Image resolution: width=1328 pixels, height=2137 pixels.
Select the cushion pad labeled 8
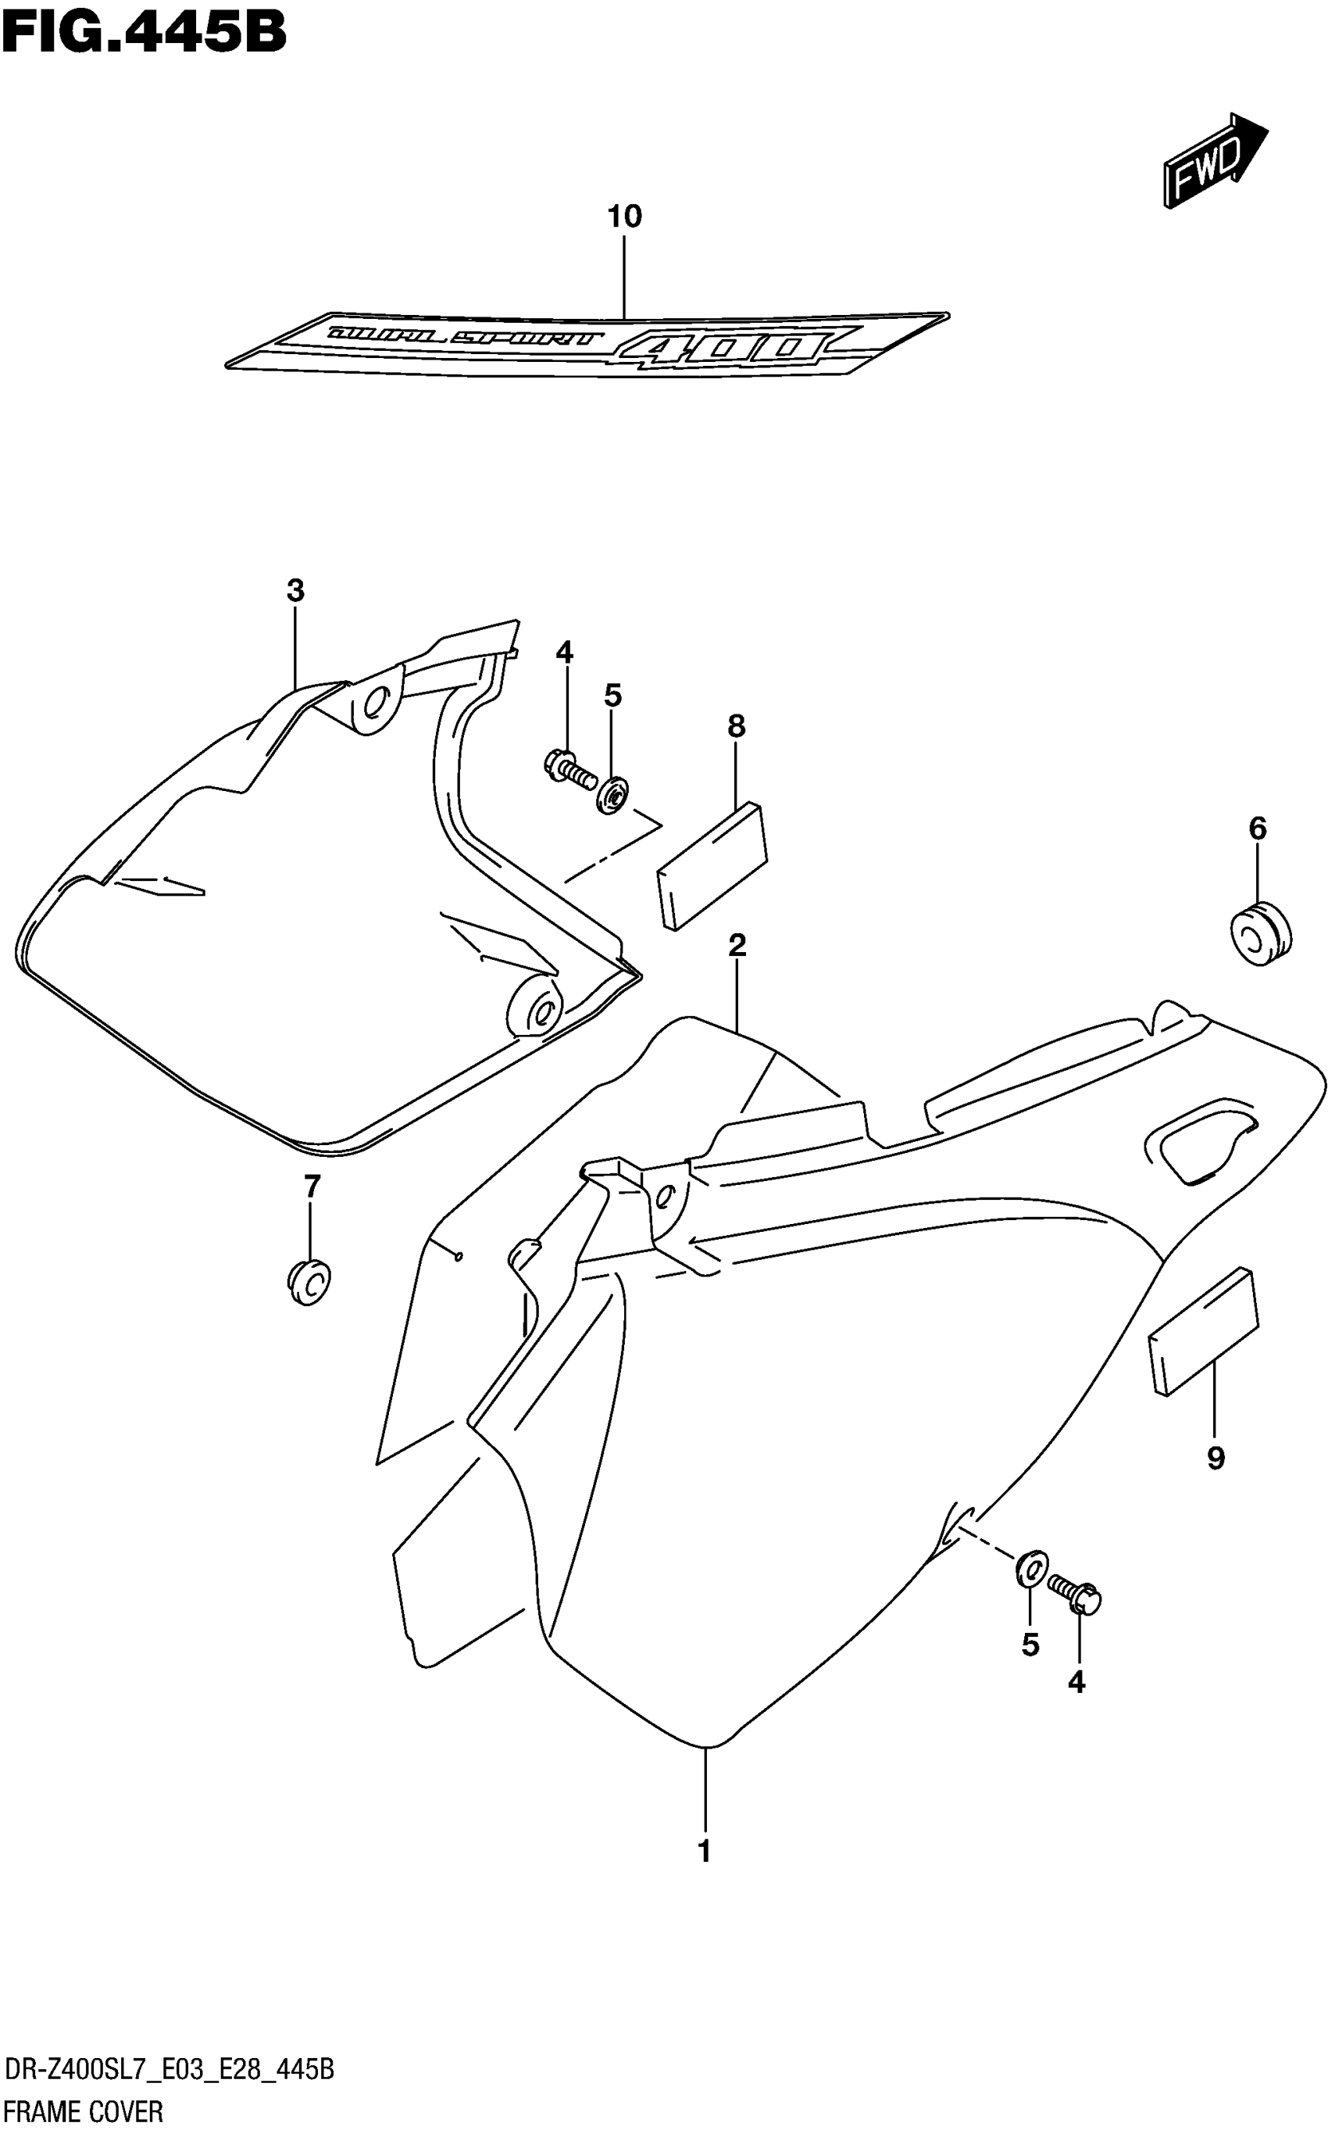coord(712,864)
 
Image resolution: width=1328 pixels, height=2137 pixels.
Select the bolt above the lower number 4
coord(1074,1594)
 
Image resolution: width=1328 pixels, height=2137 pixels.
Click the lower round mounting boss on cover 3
coord(536,1005)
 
